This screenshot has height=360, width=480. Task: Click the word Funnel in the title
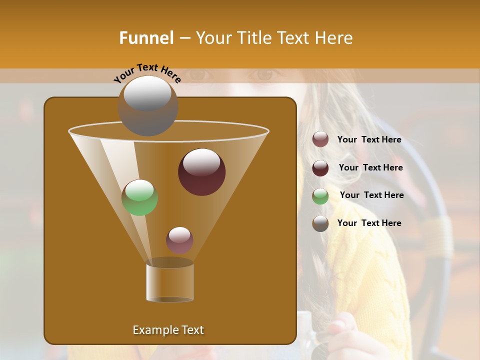coord(146,38)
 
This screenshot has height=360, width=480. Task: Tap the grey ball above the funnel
coord(147,105)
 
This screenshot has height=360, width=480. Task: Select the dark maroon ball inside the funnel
coord(201,171)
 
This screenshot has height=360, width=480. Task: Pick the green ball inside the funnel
coord(140,197)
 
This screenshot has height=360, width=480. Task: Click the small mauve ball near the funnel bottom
coord(179,240)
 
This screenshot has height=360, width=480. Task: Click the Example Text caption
coord(168,330)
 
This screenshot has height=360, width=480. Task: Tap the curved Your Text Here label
coord(147,73)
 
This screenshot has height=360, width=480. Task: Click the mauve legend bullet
coord(320,139)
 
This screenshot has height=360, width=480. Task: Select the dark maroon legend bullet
coord(320,168)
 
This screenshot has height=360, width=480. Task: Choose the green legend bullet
coord(320,196)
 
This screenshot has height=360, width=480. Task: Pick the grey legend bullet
coord(320,223)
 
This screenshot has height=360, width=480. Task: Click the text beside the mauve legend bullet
coord(369,139)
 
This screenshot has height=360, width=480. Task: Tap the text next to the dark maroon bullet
coord(370,167)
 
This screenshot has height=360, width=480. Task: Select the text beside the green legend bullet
coord(371,195)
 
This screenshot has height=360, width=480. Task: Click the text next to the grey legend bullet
coord(369,223)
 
